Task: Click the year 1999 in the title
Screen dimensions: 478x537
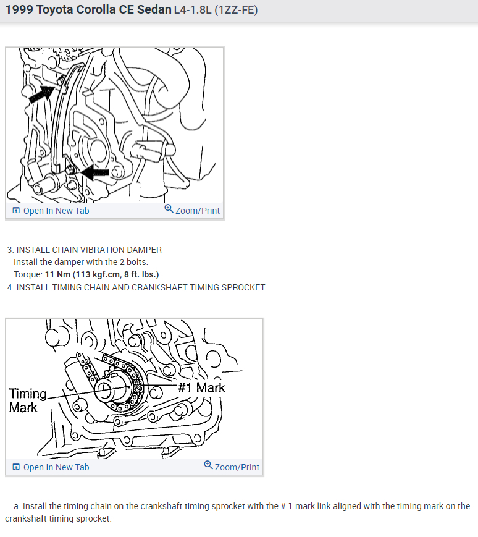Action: [19, 10]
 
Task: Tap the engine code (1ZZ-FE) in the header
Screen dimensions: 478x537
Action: [236, 10]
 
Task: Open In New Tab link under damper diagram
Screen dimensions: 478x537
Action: [51, 211]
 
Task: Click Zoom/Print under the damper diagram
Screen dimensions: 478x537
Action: [192, 210]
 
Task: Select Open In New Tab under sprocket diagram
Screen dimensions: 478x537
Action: [51, 467]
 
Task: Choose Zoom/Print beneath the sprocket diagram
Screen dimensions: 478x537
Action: [232, 467]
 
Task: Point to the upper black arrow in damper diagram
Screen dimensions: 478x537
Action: [42, 94]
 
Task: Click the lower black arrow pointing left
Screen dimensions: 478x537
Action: [94, 172]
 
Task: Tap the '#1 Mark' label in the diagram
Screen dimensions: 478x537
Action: [201, 387]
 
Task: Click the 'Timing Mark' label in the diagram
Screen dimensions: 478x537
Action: [28, 400]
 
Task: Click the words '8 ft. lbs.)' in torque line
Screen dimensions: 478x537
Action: [141, 274]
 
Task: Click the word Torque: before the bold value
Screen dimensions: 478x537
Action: [28, 274]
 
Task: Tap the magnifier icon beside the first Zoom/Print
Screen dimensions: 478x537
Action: [169, 208]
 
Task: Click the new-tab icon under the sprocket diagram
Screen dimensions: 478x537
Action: [16, 467]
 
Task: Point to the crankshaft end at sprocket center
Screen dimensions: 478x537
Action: [104, 391]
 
